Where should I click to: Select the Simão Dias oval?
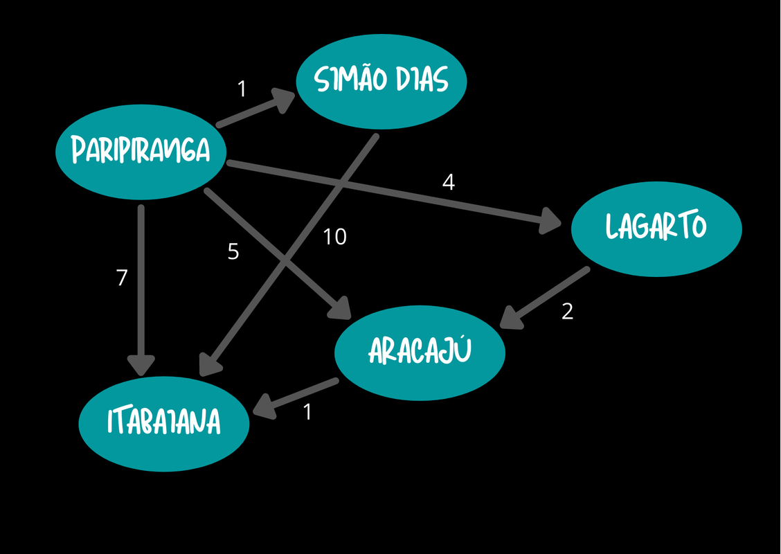(x=381, y=80)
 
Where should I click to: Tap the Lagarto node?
(x=656, y=228)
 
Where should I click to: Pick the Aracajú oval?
(x=420, y=352)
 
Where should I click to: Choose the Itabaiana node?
(x=164, y=422)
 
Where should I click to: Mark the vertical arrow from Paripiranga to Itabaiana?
(x=141, y=284)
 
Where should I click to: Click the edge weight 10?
(x=334, y=237)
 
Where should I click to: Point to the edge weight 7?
(x=122, y=278)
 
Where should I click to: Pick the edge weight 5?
(x=233, y=252)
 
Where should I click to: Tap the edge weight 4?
(x=449, y=183)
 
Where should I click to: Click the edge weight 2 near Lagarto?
(x=567, y=312)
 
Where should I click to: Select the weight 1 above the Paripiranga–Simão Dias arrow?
(x=242, y=89)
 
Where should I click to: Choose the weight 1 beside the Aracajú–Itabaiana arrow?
(x=307, y=413)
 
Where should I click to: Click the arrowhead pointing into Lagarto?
(x=551, y=222)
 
